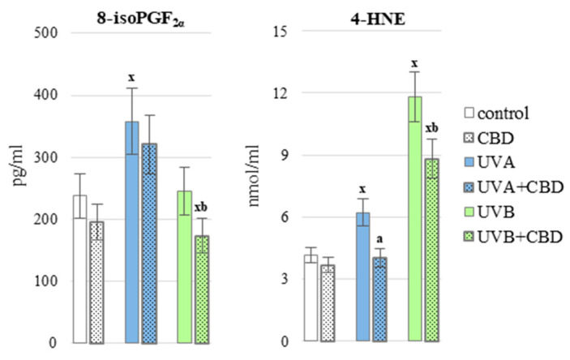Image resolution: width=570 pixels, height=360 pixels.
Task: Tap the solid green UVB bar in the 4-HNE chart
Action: [414, 219]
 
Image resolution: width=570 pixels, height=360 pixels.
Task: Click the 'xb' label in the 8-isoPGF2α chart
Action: [200, 207]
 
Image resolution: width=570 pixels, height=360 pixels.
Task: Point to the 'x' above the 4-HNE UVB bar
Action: [414, 62]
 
